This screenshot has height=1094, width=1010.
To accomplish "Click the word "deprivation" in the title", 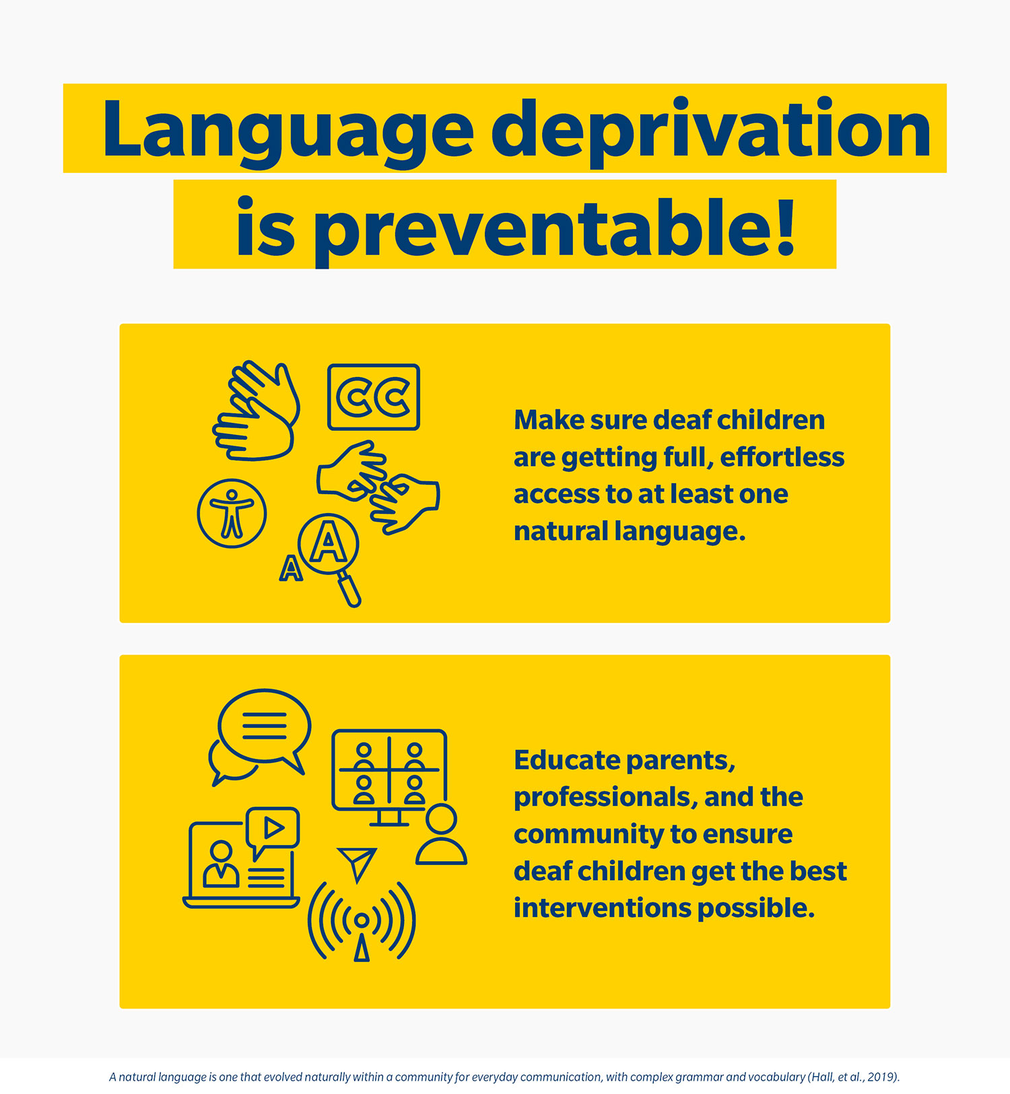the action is click(710, 129).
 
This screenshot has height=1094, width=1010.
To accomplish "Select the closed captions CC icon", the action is click(374, 397).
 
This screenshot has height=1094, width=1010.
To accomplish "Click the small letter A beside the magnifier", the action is click(290, 568).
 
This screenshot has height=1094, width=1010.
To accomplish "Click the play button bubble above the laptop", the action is click(273, 828).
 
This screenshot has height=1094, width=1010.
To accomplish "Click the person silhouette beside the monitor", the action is click(441, 835).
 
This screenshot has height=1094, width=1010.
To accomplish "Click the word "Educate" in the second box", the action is click(567, 760).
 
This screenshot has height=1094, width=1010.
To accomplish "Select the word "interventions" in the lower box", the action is click(602, 908).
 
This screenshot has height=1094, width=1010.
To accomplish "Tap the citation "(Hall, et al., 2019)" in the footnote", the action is click(853, 1077).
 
